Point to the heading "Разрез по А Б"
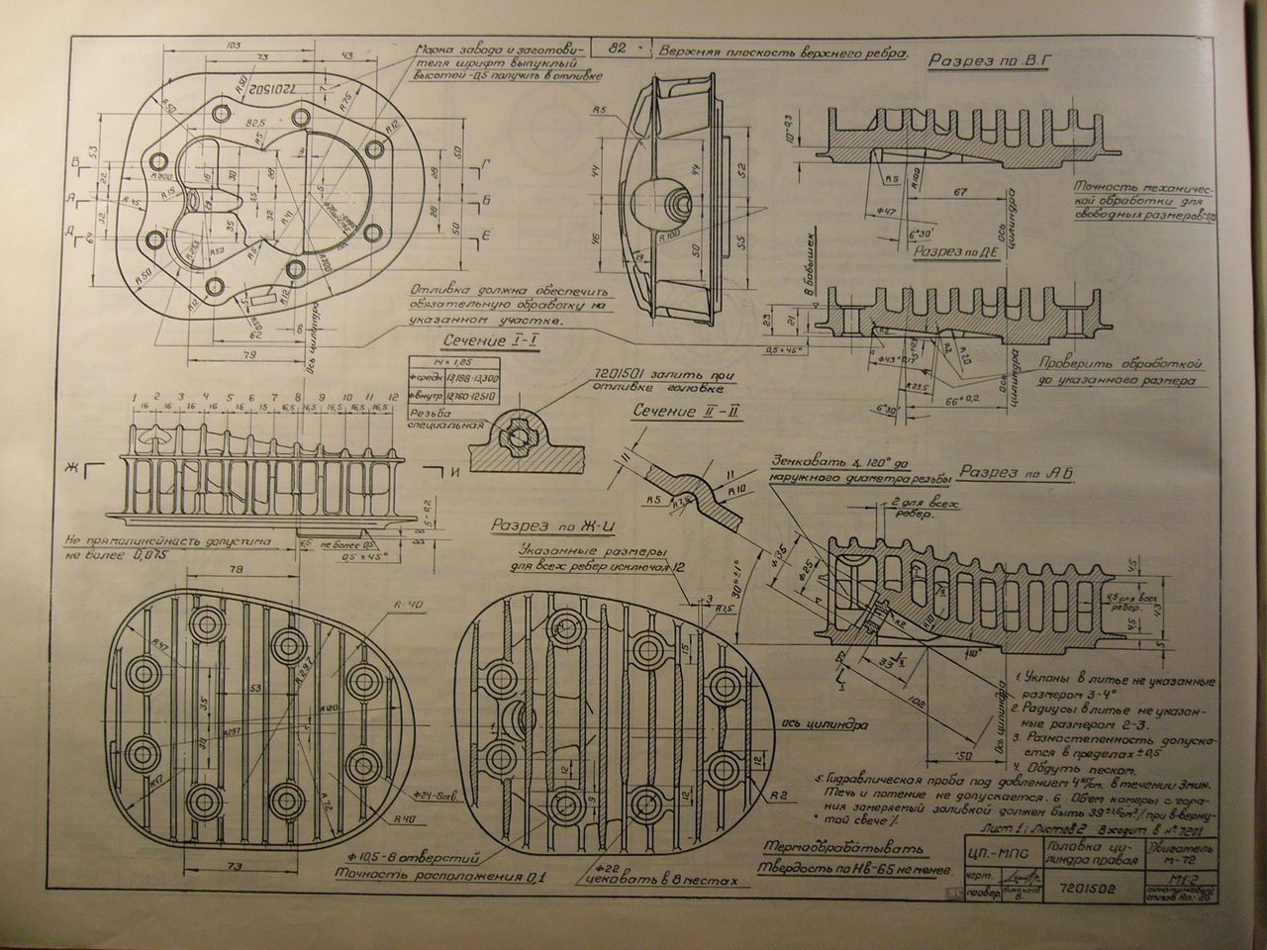[1020, 472]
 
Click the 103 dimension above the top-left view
[207, 46]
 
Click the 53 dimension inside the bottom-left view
[255, 687]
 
